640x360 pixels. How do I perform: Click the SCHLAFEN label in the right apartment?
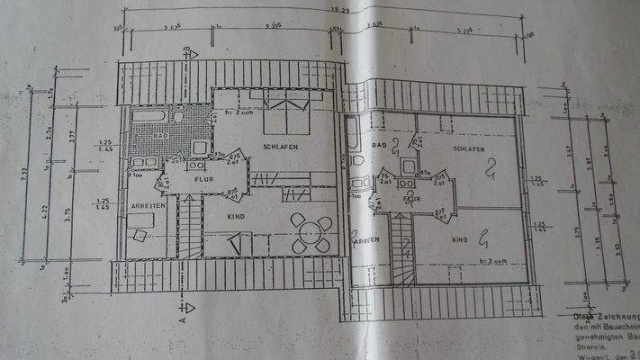tap(469, 148)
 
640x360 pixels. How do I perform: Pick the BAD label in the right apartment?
tap(379, 144)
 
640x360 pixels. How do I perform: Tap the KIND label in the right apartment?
tap(459, 240)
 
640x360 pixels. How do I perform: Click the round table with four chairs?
tap(308, 232)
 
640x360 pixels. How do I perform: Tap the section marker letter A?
tap(181, 318)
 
